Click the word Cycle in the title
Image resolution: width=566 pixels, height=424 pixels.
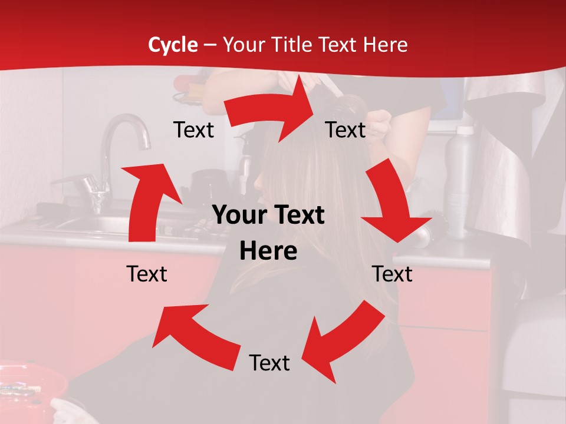click(173, 45)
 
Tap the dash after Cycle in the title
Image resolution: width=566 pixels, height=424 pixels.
click(210, 45)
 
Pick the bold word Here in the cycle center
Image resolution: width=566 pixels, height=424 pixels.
click(268, 251)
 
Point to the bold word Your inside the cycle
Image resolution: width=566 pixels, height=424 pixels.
click(238, 216)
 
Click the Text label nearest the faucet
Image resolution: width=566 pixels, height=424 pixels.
click(193, 130)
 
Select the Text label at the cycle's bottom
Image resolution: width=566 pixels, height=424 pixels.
click(269, 363)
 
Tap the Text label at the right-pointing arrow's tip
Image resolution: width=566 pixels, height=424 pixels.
click(345, 130)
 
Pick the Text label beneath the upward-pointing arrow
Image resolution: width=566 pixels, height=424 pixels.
click(147, 274)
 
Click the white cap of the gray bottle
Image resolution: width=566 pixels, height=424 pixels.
click(465, 130)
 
